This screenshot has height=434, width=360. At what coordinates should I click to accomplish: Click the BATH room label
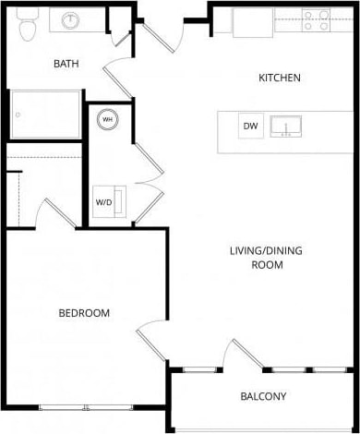[66, 64]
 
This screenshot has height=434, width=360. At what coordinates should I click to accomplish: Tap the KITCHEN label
[279, 78]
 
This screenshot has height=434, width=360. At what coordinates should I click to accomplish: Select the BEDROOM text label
[84, 313]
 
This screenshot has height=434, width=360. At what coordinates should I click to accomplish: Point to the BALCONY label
[263, 396]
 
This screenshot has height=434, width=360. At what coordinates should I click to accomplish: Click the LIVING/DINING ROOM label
[266, 258]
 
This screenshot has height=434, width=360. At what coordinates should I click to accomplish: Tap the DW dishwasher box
[250, 126]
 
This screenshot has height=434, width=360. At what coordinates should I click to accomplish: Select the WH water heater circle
[107, 120]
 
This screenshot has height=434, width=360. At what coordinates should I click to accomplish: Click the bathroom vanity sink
[71, 20]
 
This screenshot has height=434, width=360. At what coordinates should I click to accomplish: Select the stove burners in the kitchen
[317, 20]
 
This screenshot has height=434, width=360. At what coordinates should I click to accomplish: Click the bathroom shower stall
[45, 114]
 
